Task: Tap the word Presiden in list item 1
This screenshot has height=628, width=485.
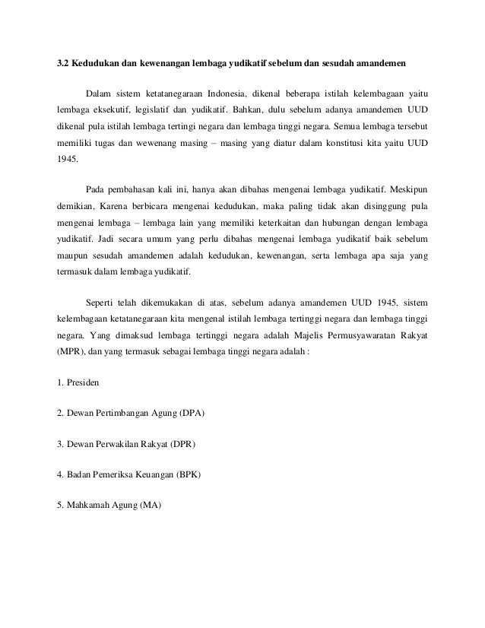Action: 85,381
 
